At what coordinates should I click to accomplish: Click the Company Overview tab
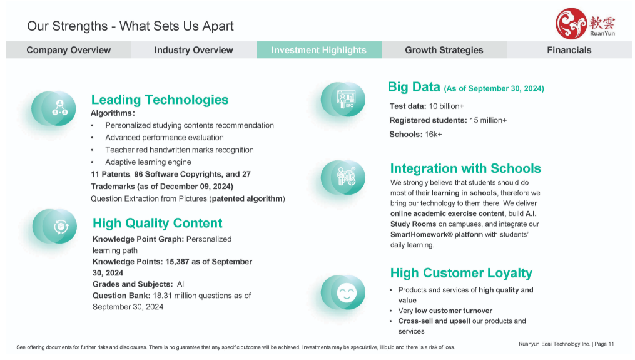(x=68, y=50)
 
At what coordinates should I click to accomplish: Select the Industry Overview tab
(x=193, y=50)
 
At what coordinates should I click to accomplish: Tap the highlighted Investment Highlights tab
(x=318, y=50)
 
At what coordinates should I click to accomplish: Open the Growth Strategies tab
(x=444, y=50)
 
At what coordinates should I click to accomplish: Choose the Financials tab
(x=569, y=50)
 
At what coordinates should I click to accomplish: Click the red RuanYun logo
(x=585, y=24)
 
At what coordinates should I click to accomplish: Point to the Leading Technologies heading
(x=160, y=100)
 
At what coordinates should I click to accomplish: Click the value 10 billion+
(x=446, y=106)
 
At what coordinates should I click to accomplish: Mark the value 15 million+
(x=488, y=120)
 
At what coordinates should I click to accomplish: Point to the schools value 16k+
(x=434, y=135)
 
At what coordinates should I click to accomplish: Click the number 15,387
(x=177, y=262)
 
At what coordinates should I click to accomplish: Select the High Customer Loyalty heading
(x=461, y=273)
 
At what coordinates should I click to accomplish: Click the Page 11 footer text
(x=604, y=344)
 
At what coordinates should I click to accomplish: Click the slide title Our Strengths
(x=67, y=26)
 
